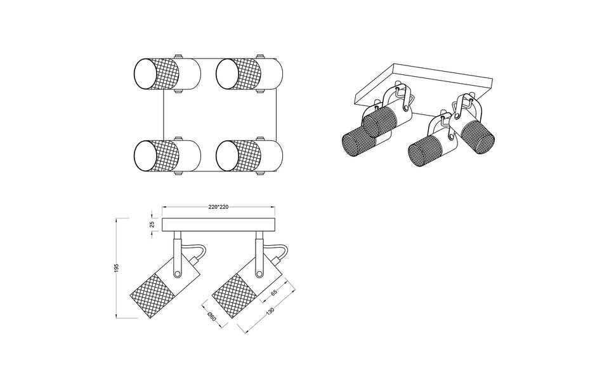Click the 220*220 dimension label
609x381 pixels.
(x=218, y=207)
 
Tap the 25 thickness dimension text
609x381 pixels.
(x=152, y=224)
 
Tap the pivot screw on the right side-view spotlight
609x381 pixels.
(x=258, y=273)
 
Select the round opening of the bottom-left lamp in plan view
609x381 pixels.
(x=145, y=154)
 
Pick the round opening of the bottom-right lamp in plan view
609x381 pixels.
(x=226, y=154)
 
